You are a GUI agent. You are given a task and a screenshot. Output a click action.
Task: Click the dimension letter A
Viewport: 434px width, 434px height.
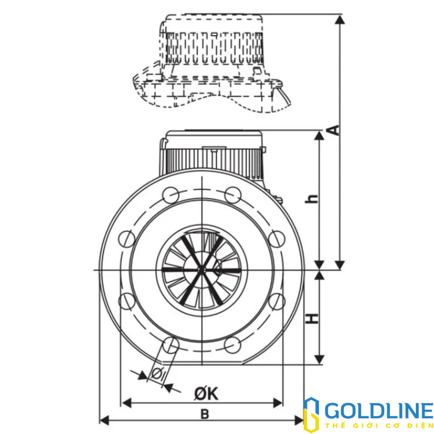click(x=333, y=130)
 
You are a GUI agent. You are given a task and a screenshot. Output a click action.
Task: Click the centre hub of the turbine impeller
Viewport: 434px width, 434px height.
click(x=201, y=270)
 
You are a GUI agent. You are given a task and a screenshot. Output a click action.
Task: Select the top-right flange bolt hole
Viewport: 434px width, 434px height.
click(x=233, y=194)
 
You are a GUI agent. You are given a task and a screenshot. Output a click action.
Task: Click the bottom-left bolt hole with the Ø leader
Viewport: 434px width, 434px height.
click(x=171, y=345)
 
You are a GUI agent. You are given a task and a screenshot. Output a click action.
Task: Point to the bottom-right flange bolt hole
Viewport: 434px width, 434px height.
click(x=233, y=345)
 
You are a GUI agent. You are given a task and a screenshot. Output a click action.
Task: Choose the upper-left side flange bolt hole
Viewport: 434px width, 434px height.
click(x=126, y=238)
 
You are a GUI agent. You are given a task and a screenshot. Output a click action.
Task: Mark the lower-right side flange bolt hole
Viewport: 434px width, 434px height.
click(x=276, y=301)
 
